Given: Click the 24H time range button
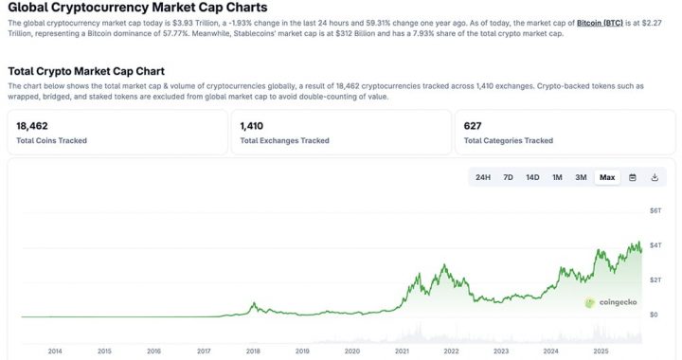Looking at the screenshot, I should pyautogui.click(x=483, y=177).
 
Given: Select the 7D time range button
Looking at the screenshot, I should pyautogui.click(x=508, y=177).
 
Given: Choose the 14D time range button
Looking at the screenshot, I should pyautogui.click(x=532, y=177).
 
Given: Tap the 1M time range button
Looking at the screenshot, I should pyautogui.click(x=557, y=177).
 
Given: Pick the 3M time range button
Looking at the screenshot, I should pyautogui.click(x=581, y=177).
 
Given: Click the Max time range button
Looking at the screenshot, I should pyautogui.click(x=607, y=177).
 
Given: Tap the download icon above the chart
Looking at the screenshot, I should pyautogui.click(x=655, y=177).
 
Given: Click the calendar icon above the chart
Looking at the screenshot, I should pyautogui.click(x=633, y=177).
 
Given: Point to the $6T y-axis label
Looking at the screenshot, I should pyautogui.click(x=655, y=209).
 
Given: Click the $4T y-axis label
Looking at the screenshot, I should pyautogui.click(x=655, y=244).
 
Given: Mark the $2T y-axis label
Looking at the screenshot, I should pyautogui.click(x=655, y=279).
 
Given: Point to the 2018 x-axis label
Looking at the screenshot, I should pyautogui.click(x=253, y=351).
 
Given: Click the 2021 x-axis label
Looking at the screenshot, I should pyautogui.click(x=402, y=351).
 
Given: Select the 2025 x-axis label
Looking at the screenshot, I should pyautogui.click(x=600, y=351).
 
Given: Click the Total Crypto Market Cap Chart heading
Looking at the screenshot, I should pyautogui.click(x=86, y=71).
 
